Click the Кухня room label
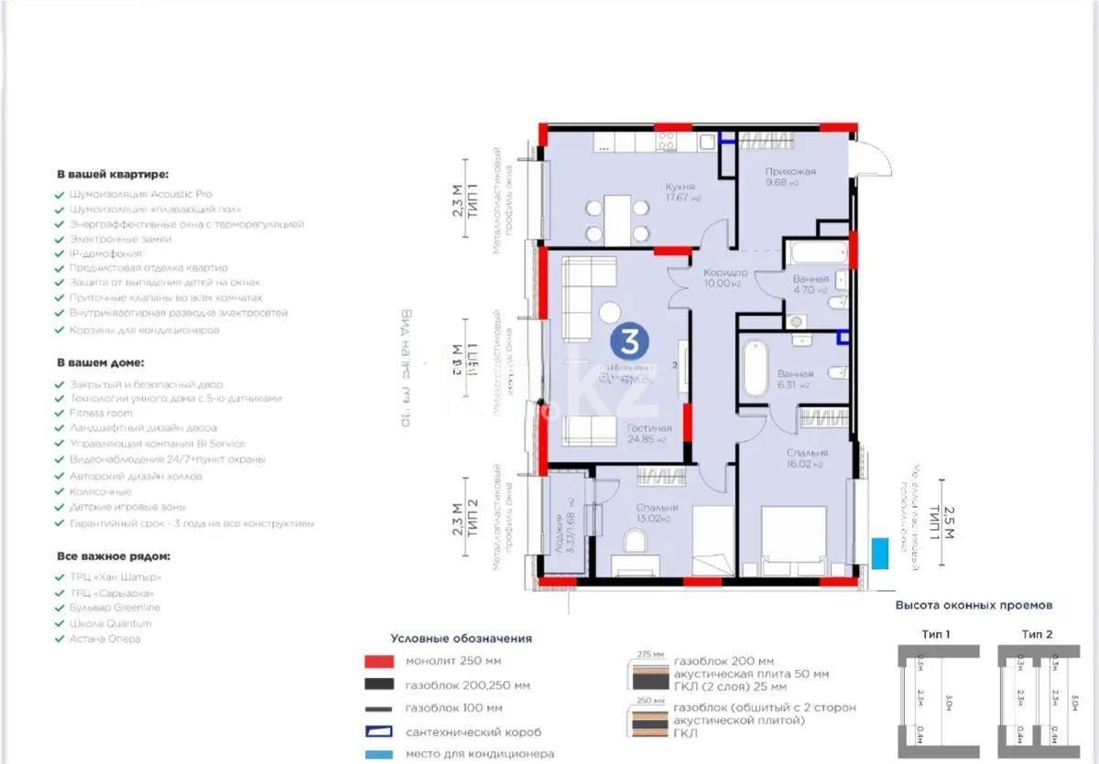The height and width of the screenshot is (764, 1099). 679,186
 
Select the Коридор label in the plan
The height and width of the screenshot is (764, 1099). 725,273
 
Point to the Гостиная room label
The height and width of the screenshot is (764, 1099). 648,427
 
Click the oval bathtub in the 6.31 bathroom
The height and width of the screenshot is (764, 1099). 756,368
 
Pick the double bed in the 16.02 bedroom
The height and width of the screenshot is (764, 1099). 793,542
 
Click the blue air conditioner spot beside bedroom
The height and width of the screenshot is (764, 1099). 880,552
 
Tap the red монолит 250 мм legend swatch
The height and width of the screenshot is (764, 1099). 378,662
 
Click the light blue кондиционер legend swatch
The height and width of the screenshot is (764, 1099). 378,755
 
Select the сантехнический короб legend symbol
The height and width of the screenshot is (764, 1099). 378,732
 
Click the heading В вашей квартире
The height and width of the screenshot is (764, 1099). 113,173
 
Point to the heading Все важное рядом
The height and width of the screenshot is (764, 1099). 113,555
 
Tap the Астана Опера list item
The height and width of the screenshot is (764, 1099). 104,639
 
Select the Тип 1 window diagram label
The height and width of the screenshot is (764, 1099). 935,633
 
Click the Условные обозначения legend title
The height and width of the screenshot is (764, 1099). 461,639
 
